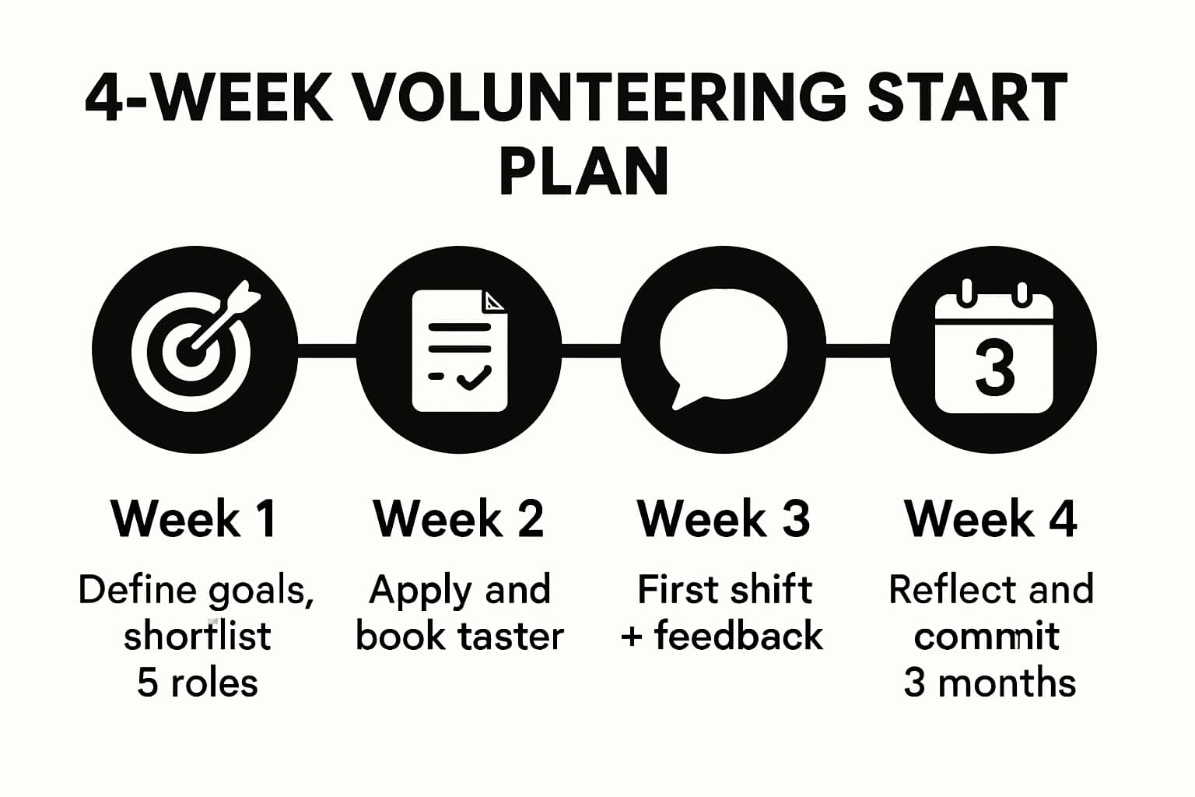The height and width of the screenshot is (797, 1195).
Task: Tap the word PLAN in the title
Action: click(583, 170)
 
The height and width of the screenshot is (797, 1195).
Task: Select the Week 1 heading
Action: click(194, 518)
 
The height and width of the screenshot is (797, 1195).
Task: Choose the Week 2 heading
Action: click(458, 518)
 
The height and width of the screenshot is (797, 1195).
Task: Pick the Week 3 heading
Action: click(724, 518)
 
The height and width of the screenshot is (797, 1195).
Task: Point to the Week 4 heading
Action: click(990, 518)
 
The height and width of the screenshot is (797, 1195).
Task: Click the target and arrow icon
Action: click(194, 348)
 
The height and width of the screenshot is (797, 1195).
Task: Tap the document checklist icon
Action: click(459, 350)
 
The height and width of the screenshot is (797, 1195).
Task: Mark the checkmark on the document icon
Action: click(474, 377)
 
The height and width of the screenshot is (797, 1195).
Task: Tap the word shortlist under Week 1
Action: click(197, 636)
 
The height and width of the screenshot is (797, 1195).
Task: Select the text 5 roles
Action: click(197, 683)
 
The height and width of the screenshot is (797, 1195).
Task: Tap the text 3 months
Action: click(990, 683)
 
